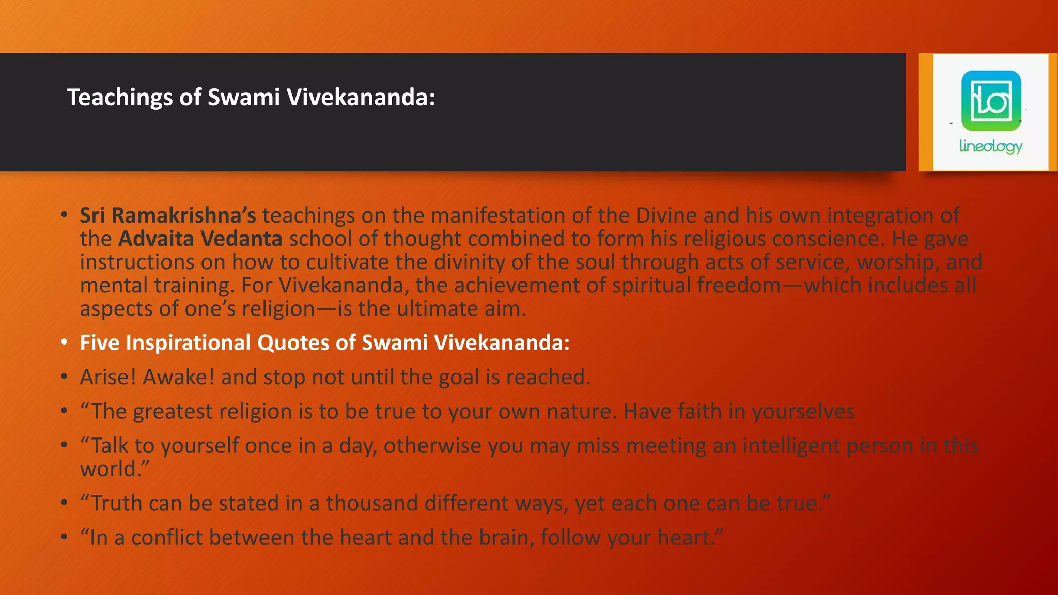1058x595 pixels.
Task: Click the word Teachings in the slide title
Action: (x=119, y=98)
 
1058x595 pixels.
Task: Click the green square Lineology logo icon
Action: (x=991, y=101)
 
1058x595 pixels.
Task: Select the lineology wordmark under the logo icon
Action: (x=991, y=147)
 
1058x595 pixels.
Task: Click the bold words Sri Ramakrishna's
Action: (x=168, y=215)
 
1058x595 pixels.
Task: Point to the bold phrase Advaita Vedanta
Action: (x=200, y=239)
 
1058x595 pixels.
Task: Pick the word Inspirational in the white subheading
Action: (x=188, y=343)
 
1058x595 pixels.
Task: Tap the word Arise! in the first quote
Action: (x=108, y=377)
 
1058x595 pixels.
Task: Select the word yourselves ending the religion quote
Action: (x=803, y=412)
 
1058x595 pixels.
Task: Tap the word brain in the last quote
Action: (x=505, y=538)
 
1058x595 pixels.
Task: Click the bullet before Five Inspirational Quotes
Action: (x=64, y=343)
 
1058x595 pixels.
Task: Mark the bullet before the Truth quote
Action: (x=64, y=504)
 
